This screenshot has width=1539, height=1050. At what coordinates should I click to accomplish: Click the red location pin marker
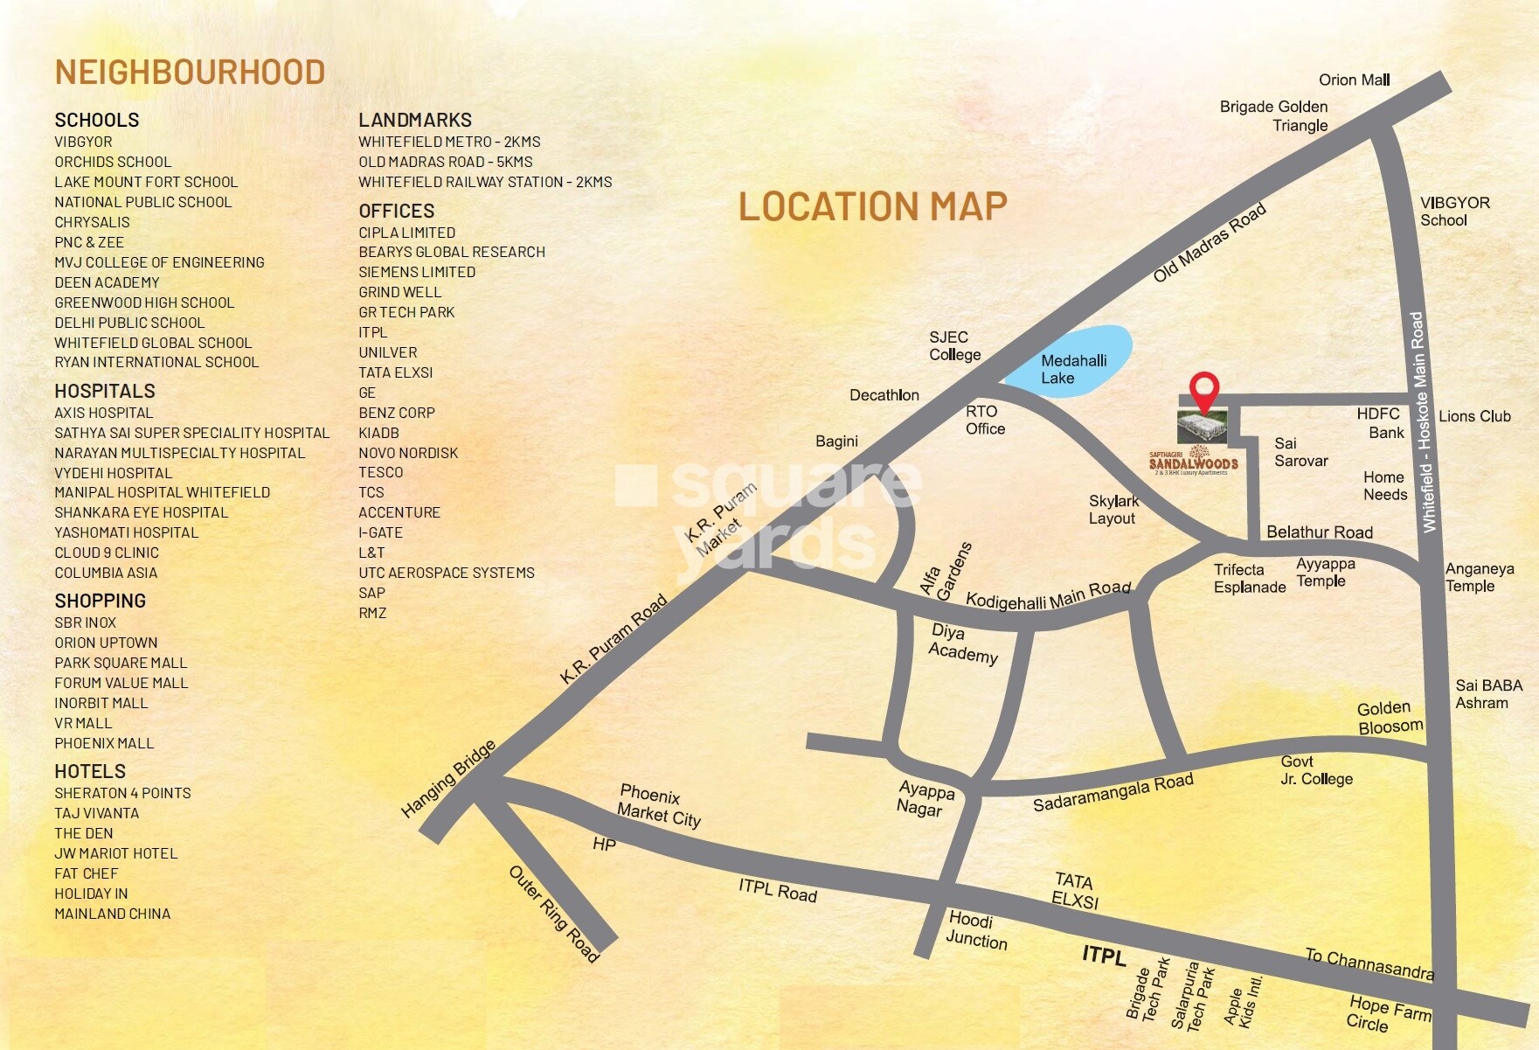pyautogui.click(x=1205, y=391)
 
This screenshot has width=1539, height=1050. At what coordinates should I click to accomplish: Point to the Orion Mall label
pyautogui.click(x=1354, y=80)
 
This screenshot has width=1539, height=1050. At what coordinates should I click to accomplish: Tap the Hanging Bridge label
pyautogui.click(x=447, y=778)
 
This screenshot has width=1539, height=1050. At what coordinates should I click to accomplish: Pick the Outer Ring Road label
pyautogui.click(x=553, y=913)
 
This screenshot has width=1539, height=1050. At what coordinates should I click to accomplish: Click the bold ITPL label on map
pyautogui.click(x=1104, y=955)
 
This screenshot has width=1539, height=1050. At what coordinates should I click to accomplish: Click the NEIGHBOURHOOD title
pyautogui.click(x=190, y=73)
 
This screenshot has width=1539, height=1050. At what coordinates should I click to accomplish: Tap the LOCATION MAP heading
pyautogui.click(x=872, y=207)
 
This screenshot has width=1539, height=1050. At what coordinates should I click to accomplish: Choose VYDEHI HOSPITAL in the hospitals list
pyautogui.click(x=114, y=473)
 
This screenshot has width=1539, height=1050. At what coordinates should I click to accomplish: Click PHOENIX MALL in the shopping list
pyautogui.click(x=104, y=743)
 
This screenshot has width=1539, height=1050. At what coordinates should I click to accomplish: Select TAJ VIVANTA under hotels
pyautogui.click(x=96, y=813)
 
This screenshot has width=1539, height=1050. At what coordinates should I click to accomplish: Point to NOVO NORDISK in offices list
pyautogui.click(x=408, y=453)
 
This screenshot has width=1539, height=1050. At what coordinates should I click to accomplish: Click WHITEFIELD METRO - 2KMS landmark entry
pyautogui.click(x=449, y=142)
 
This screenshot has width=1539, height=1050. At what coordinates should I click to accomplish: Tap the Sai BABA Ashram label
pyautogui.click(x=1488, y=694)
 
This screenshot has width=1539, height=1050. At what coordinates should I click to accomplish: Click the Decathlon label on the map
pyautogui.click(x=884, y=395)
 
